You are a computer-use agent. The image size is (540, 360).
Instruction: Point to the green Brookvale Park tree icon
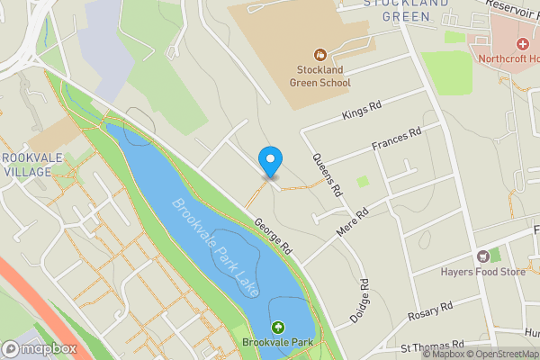coord(278,329)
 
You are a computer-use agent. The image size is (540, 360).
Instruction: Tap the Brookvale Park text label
coord(277,344)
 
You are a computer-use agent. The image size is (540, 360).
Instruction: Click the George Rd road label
coord(274,236)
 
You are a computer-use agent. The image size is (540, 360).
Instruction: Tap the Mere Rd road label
coord(353,225)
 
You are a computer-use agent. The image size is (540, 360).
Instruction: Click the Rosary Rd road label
coord(429,310)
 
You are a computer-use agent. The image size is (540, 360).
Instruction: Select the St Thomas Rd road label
coord(432,346)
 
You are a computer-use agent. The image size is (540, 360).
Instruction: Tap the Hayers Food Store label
coord(482,272)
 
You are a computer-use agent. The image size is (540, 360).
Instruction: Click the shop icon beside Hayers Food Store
coord(482,256)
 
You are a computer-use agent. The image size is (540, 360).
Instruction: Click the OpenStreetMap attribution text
coord(502,354)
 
